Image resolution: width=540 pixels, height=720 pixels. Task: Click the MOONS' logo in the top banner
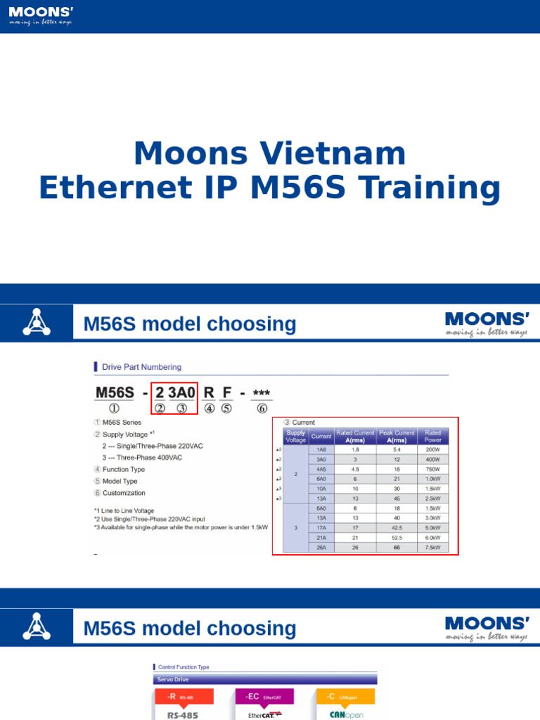pyautogui.click(x=41, y=15)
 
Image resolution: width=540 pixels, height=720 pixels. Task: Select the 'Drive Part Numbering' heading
pyautogui.click(x=141, y=367)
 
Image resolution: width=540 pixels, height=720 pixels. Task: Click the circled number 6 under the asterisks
pyautogui.click(x=262, y=408)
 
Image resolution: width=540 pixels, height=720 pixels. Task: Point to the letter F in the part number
pyautogui.click(x=226, y=392)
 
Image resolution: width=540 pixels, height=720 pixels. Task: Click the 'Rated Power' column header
pyautogui.click(x=433, y=437)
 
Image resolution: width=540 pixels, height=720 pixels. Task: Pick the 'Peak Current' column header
pyautogui.click(x=397, y=437)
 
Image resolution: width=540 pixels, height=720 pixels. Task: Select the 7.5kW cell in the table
pyautogui.click(x=433, y=547)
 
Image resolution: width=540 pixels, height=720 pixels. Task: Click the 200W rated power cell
pyautogui.click(x=433, y=449)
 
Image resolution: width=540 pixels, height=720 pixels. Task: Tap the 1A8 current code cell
pyautogui.click(x=321, y=449)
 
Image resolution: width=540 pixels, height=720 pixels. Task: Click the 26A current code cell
pyautogui.click(x=321, y=547)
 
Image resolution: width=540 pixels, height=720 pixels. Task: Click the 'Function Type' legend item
pyautogui.click(x=124, y=469)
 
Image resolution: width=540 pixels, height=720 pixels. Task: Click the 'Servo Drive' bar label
pyautogui.click(x=173, y=679)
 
